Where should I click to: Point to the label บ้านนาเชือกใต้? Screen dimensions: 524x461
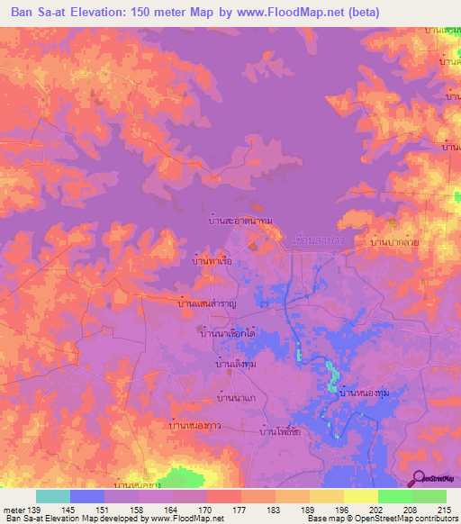tap(229, 333)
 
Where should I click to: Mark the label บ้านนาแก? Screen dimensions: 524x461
tap(241, 397)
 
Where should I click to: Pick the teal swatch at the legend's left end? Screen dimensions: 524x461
tap(53, 496)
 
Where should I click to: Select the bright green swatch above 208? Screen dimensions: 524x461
tap(394, 496)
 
